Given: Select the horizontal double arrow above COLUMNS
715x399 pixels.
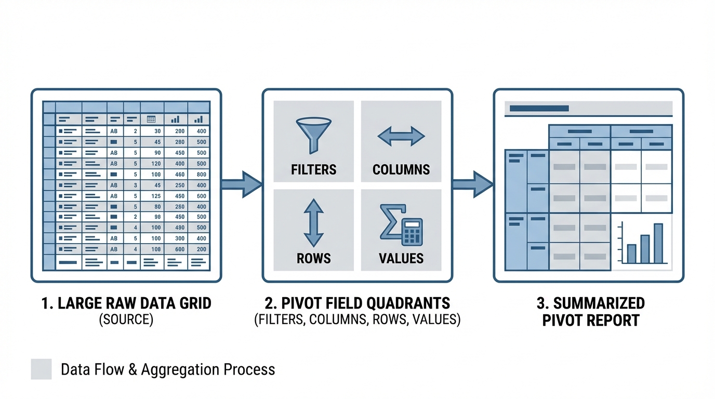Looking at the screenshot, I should (x=401, y=136).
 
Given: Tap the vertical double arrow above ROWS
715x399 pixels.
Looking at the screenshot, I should (x=313, y=222).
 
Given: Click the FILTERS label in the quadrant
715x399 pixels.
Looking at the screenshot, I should (x=313, y=169).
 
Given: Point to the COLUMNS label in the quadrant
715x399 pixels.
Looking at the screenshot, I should (x=401, y=169).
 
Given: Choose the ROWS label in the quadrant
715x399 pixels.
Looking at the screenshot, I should (x=313, y=258).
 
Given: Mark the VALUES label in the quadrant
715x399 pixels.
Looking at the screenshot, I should (x=401, y=258).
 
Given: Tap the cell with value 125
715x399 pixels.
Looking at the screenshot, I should (x=154, y=196).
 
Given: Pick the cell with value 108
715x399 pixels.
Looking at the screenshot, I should (x=154, y=249).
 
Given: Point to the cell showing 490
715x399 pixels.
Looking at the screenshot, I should (x=178, y=228).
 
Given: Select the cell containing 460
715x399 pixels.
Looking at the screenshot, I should (x=178, y=175).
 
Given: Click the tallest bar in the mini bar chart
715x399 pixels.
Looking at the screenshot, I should (x=658, y=243).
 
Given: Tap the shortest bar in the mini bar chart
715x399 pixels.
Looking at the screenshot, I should (x=631, y=254).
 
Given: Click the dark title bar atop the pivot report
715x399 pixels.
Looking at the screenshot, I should (x=540, y=109).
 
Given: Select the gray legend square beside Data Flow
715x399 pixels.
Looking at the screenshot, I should (x=41, y=369).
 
